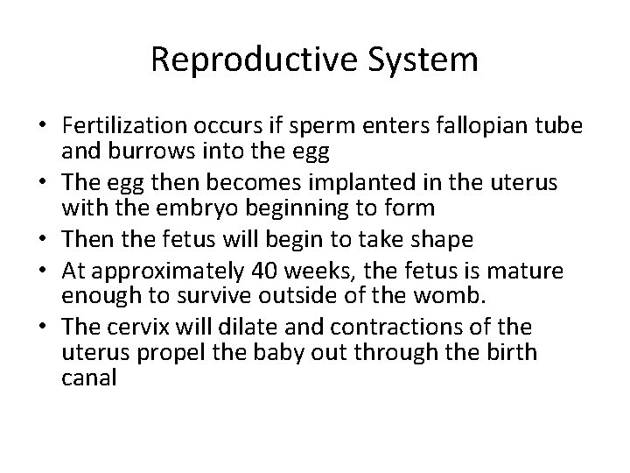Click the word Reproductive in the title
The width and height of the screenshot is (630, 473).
(255, 60)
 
